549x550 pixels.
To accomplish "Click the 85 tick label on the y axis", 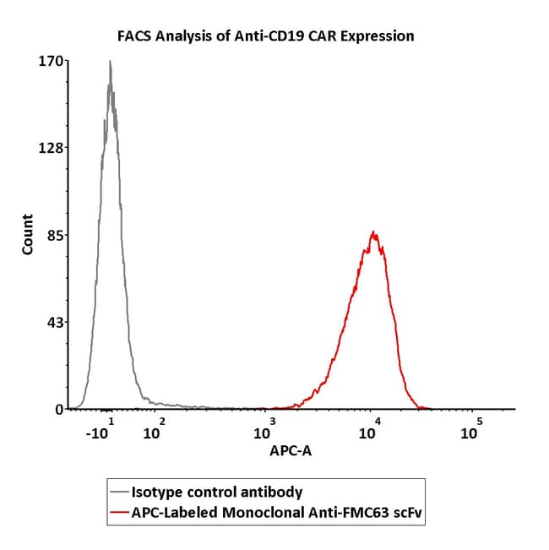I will [56, 235].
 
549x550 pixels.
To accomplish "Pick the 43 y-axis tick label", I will [56, 322].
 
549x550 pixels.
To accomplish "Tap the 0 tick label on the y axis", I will [59, 409].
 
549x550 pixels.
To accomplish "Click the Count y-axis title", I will [28, 235].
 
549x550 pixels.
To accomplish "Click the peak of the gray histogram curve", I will [110, 62].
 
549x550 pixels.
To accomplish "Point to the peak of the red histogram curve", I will [372, 232].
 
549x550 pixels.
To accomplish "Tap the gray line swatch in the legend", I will [118, 492].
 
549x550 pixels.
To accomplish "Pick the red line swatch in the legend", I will [118, 511].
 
